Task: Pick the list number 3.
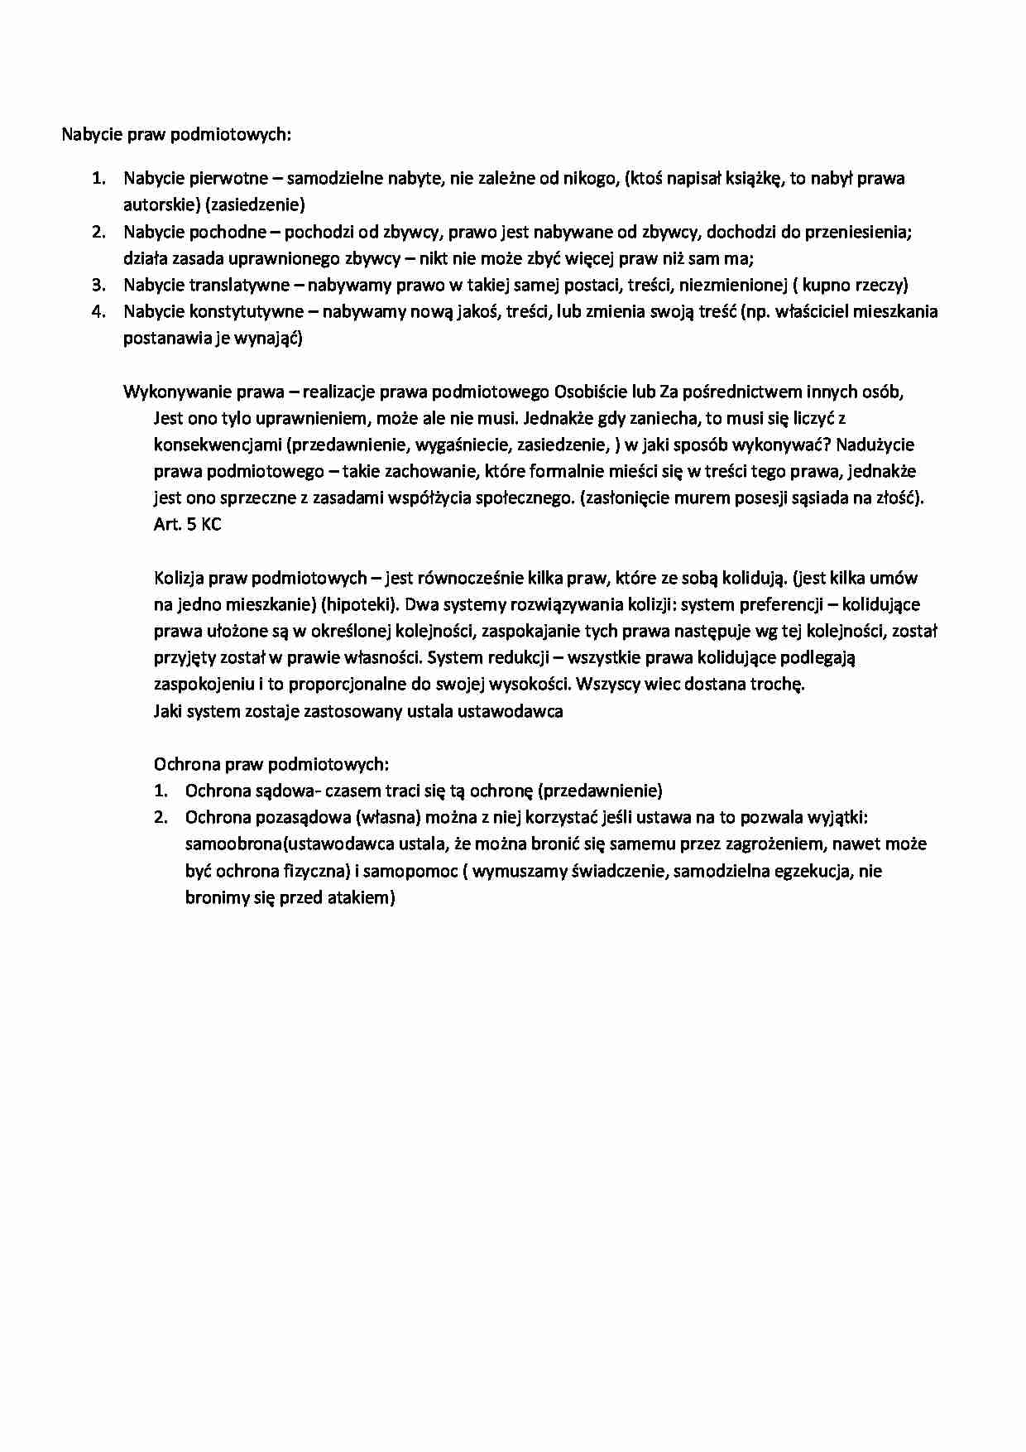(x=98, y=285)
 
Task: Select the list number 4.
(x=98, y=311)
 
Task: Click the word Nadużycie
(x=875, y=445)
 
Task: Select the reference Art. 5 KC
(x=188, y=525)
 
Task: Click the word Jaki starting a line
(x=168, y=711)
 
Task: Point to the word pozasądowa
(x=303, y=817)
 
